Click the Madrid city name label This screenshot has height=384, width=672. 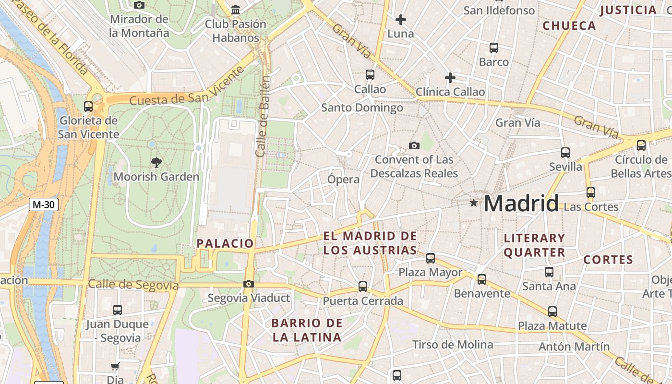521,204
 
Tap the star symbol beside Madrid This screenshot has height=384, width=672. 474,203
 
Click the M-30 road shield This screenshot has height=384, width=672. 43,204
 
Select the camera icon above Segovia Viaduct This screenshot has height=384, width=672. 248,284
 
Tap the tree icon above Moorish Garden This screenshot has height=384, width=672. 156,162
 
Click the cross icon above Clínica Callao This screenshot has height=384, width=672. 450,77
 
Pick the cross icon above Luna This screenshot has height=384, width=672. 400,20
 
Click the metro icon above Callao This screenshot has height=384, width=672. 370,75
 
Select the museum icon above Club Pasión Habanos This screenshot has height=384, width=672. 235,10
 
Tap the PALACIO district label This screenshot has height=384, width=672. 225,243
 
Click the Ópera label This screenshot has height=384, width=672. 343,180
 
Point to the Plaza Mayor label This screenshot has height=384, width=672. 431,273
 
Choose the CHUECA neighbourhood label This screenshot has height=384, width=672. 569,26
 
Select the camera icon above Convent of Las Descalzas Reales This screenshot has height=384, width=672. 414,145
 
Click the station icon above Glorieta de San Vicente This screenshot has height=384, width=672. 88,107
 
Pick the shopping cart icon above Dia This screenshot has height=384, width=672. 115,367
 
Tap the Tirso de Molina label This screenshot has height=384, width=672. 453,345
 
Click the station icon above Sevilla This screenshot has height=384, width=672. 565,153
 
